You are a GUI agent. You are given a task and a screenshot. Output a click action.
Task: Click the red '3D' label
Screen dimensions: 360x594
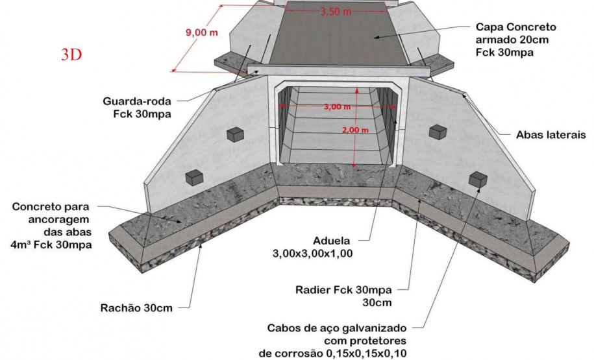[x=71, y=54]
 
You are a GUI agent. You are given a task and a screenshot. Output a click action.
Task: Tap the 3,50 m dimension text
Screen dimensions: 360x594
[x=336, y=12]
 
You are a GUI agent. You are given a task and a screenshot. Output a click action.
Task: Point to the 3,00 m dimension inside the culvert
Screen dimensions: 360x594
[x=337, y=107]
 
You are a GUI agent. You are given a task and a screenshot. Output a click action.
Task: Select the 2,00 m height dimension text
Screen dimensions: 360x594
[x=354, y=129]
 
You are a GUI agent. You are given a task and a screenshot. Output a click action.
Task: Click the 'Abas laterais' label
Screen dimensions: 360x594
[x=551, y=136]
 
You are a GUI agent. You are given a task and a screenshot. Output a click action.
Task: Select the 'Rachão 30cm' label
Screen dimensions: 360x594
[x=136, y=307]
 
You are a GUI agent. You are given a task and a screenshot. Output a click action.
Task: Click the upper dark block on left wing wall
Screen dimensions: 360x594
[x=235, y=134]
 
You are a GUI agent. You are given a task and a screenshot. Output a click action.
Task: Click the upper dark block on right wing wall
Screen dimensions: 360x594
[x=438, y=132]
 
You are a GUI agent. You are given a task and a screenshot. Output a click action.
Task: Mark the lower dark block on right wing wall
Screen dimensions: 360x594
[x=478, y=178]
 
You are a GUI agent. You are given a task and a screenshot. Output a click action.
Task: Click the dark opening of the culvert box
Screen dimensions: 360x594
[x=337, y=130]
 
